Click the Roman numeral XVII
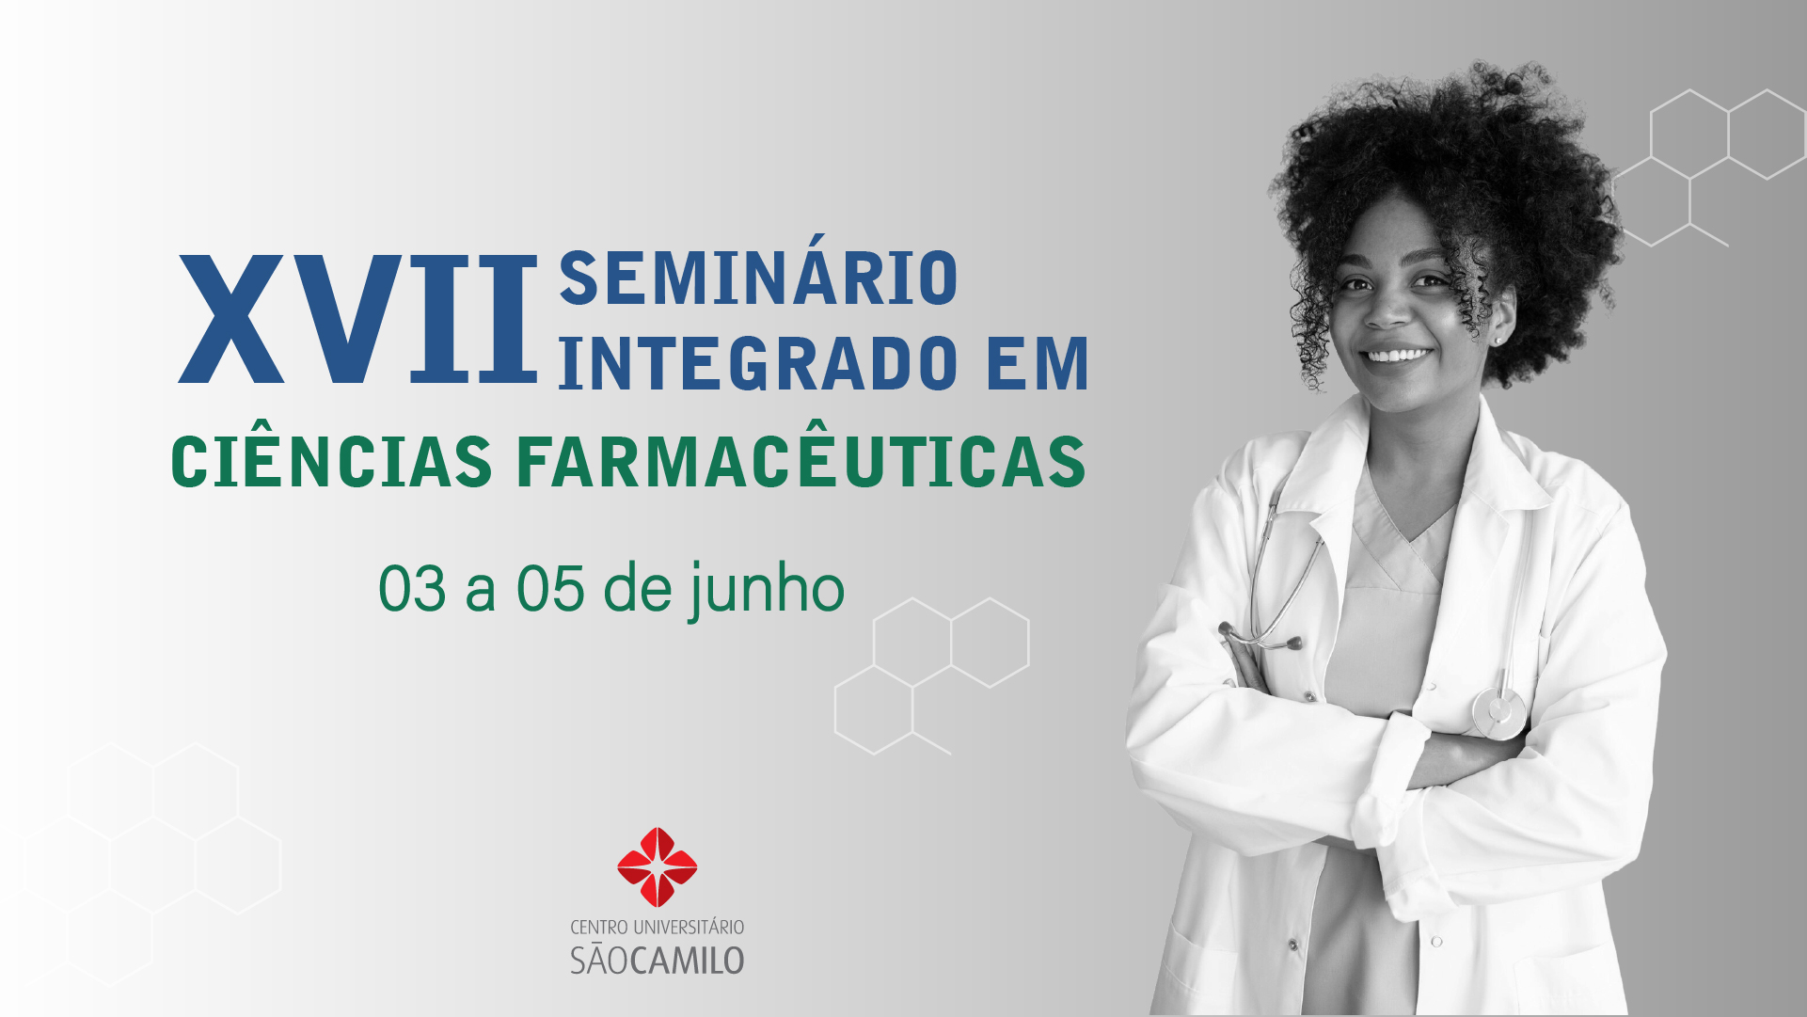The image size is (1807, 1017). click(x=357, y=320)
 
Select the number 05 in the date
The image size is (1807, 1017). click(x=550, y=590)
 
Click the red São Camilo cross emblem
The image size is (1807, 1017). click(x=658, y=866)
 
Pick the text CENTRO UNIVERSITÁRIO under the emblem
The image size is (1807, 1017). click(x=658, y=928)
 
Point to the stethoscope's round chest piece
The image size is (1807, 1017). click(x=1499, y=712)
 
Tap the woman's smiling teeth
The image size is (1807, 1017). click(x=1399, y=356)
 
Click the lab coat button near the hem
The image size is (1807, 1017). click(x=1436, y=941)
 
